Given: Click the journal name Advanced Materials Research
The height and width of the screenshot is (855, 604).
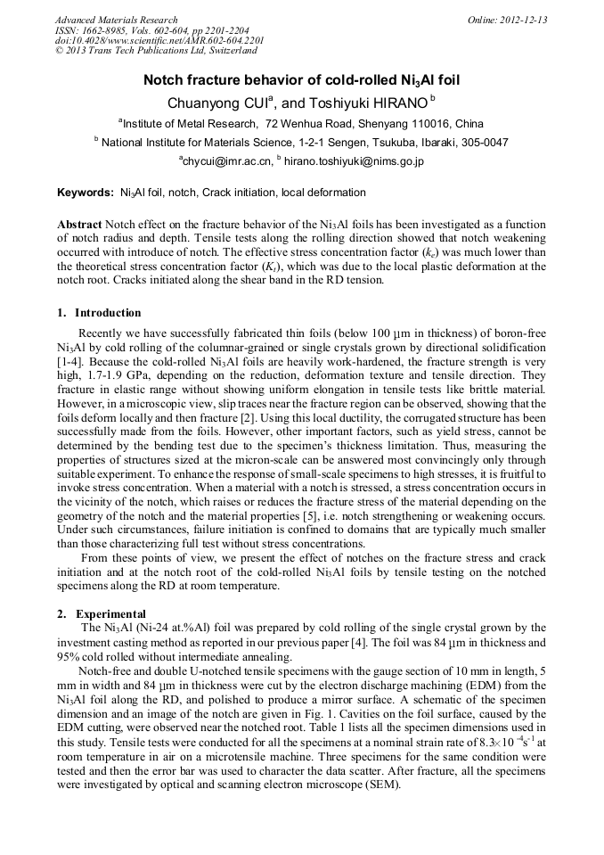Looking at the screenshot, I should (x=116, y=20).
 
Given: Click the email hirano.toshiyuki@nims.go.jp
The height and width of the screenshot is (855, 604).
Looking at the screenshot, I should (x=354, y=161).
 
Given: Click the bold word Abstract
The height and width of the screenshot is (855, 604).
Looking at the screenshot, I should (x=78, y=226).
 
